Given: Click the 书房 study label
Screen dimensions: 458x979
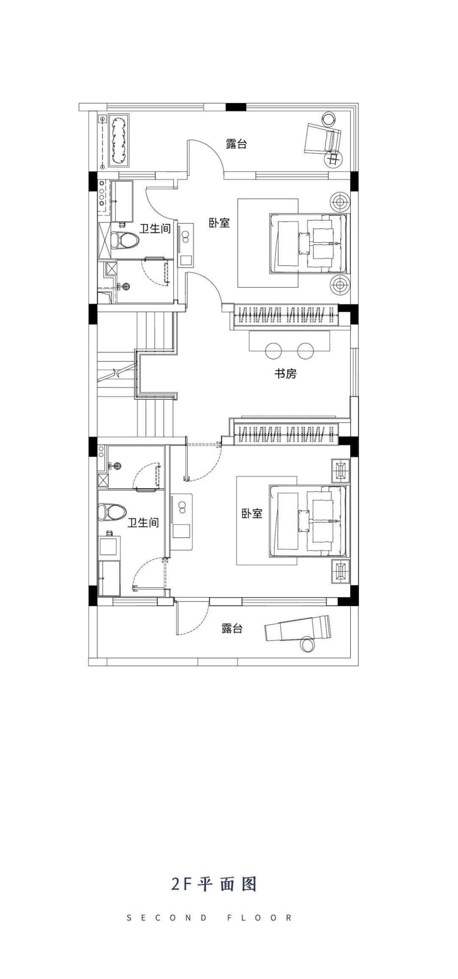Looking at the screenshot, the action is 285,374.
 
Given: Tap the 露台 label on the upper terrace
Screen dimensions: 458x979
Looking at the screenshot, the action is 236,144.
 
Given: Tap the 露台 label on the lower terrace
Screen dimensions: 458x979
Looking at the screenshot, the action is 232,628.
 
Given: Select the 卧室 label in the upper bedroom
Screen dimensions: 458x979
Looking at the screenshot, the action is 219,223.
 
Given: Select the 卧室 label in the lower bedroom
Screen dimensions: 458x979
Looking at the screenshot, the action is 252,513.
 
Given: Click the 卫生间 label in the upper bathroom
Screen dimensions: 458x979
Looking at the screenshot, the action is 155,229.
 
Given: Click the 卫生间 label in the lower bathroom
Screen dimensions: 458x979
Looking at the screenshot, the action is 143,523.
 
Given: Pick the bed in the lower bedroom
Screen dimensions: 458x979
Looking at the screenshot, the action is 308,521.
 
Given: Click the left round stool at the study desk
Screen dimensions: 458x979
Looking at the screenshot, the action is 274,350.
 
